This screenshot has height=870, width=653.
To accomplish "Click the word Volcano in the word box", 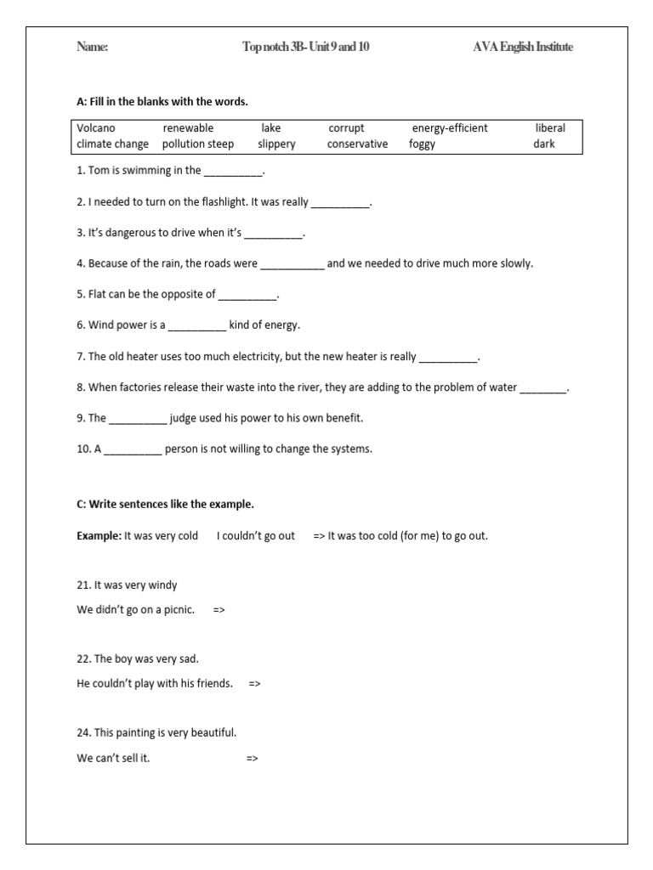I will click(x=96, y=128).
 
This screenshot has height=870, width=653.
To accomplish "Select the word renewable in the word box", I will click(x=188, y=128).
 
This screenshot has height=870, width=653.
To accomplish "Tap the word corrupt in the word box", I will click(x=346, y=128).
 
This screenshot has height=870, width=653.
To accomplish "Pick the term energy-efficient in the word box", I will click(x=450, y=128).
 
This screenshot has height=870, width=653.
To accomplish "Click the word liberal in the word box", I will click(x=550, y=128).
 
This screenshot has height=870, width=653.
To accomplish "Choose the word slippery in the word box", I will click(x=277, y=144).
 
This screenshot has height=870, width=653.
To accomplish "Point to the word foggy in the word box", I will click(x=422, y=144).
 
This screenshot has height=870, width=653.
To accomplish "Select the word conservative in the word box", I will click(x=357, y=144).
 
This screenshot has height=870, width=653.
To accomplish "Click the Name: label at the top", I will click(x=93, y=48).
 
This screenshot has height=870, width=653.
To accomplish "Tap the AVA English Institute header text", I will click(x=523, y=48).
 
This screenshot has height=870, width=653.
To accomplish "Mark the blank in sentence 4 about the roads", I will click(x=292, y=264).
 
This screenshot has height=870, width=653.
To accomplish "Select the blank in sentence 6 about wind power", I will click(x=197, y=326).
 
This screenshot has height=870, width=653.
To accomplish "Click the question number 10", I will click(x=83, y=449).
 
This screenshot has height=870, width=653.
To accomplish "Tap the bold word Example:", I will click(x=99, y=536).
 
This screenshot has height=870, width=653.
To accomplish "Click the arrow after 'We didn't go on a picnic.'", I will click(x=219, y=610).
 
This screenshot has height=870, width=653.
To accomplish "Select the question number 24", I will click(x=83, y=732).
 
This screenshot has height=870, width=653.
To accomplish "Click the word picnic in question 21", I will click(x=178, y=610).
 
